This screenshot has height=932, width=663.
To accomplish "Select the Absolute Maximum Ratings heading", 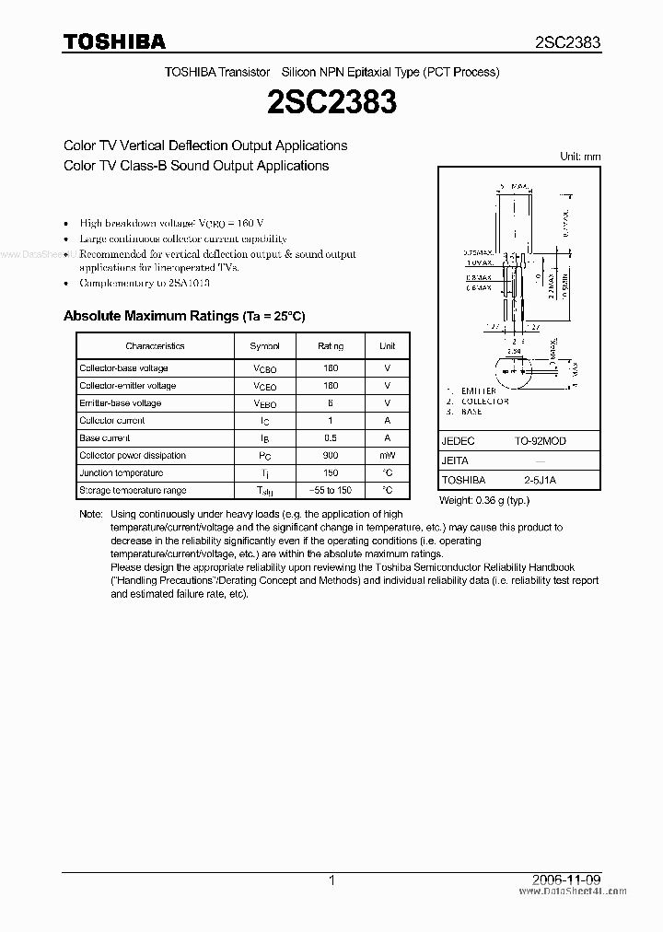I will click(x=184, y=316).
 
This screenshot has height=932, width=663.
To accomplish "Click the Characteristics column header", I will click(x=155, y=346).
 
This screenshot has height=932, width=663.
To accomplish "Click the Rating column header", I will click(x=331, y=346).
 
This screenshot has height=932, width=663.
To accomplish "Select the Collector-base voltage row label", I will click(x=123, y=368).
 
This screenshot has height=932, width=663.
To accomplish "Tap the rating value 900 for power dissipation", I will click(x=331, y=456).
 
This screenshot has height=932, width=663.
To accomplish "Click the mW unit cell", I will click(x=387, y=456).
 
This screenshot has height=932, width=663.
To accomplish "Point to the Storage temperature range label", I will click(x=133, y=491).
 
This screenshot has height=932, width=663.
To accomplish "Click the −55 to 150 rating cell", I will click(x=331, y=491).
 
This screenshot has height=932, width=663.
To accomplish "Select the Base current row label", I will click(x=105, y=438).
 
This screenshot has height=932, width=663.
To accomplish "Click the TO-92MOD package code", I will click(x=541, y=441).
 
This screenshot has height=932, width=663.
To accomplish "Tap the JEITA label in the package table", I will click(x=455, y=460).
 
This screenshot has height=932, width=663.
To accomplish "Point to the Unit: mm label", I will click(x=580, y=157).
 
